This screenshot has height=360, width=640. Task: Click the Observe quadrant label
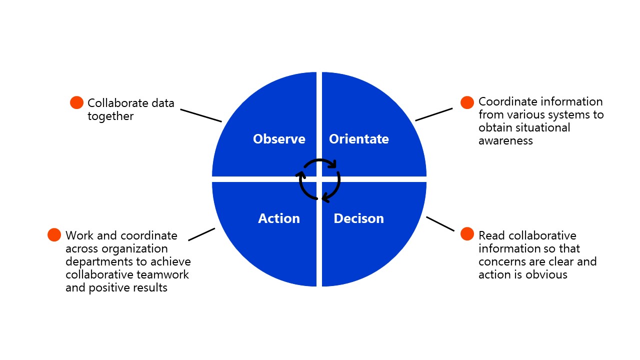[279, 139]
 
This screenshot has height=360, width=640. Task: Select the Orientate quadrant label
[359, 139]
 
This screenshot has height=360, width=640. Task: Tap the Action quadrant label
[279, 218]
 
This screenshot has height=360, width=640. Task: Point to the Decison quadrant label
[359, 218]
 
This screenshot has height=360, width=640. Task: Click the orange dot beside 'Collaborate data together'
[76, 102]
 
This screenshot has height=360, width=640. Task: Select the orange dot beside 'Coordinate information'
[467, 102]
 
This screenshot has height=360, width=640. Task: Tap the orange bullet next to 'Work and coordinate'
[54, 235]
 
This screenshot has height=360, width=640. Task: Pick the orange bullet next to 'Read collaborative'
[467, 234]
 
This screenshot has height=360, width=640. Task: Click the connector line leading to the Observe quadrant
[201, 115]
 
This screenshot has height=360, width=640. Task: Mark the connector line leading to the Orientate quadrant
[433, 114]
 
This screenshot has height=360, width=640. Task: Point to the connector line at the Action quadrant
[201, 234]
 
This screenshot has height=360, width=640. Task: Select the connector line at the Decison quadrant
[440, 223]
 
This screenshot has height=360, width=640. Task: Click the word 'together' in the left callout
[110, 116]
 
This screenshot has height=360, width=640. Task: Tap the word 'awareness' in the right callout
[505, 141]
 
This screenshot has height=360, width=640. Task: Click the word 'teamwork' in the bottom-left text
[162, 275]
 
